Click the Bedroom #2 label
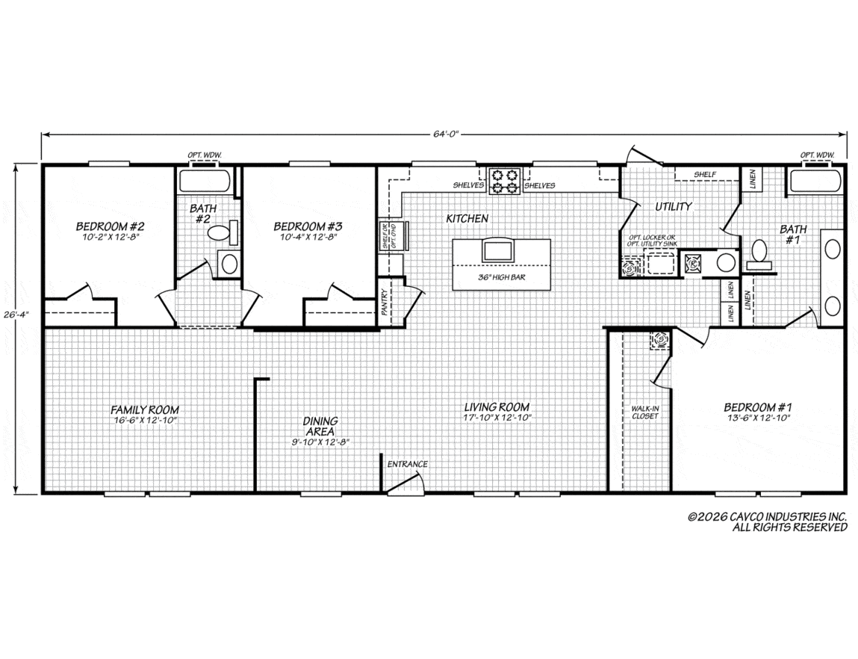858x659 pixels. pos(110,226)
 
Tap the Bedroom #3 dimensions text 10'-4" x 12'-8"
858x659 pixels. pos(308,238)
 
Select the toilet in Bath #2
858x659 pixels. pos(223,232)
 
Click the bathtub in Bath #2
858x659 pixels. pos(204,182)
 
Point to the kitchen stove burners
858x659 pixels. pos(505,182)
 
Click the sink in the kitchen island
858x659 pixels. pos(497,250)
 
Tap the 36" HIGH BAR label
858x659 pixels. pos(501,277)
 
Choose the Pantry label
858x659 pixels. pos(385,302)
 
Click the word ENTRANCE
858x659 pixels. pos(407,464)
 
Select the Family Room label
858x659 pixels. pos(144,409)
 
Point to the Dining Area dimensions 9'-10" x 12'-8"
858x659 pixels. pos(320,442)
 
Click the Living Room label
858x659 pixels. pos(497,406)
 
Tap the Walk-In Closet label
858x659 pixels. pos(645,412)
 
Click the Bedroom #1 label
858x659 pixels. pos(758,407)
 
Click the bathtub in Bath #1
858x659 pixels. pos(814,182)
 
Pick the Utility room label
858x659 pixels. pos(674,206)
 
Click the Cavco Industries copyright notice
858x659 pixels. pos(767,522)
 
